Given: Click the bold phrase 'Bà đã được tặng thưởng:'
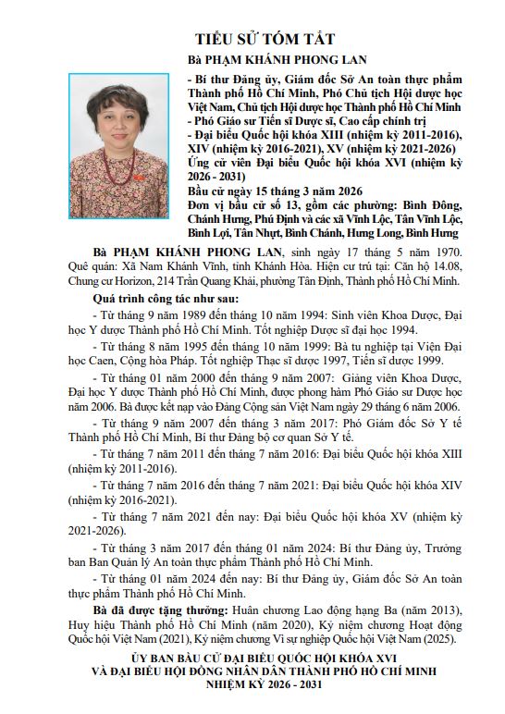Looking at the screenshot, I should (x=156, y=610).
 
